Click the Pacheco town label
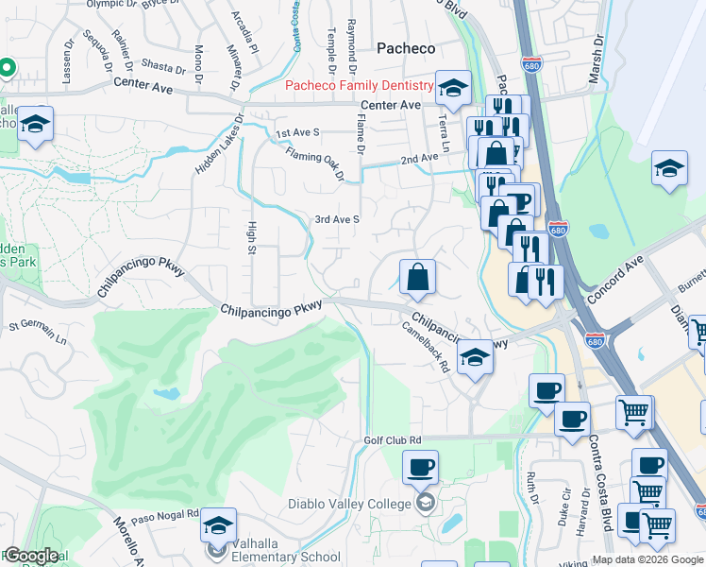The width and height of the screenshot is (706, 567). pyautogui.click(x=406, y=47)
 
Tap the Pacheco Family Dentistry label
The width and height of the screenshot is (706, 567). pyautogui.click(x=359, y=87)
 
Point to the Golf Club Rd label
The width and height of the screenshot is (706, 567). pyautogui.click(x=393, y=440)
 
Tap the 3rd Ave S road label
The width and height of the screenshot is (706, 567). pyautogui.click(x=337, y=219)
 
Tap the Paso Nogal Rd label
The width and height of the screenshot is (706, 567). pyautogui.click(x=165, y=515)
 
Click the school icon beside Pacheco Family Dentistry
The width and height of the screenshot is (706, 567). pyautogui.click(x=453, y=89)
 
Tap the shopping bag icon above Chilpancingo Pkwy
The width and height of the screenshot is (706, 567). pyautogui.click(x=417, y=278)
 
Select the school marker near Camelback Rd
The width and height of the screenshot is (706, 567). pyautogui.click(x=476, y=357)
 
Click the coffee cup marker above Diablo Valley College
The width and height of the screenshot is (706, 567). pyautogui.click(x=420, y=467)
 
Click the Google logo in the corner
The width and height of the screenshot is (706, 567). pyautogui.click(x=30, y=557)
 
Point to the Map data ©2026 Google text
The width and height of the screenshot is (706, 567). pyautogui.click(x=647, y=559)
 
